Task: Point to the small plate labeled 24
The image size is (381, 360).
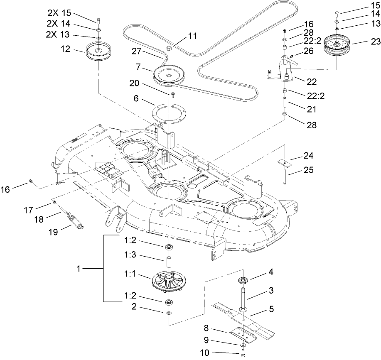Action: tap(284, 160)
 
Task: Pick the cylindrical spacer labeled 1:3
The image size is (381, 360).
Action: tap(170, 263)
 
